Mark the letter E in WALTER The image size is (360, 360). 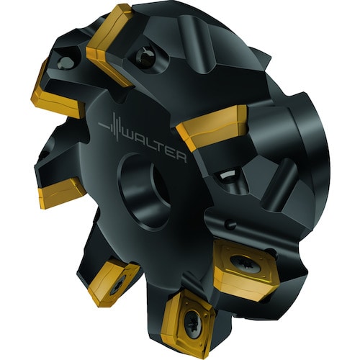(174, 153)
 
